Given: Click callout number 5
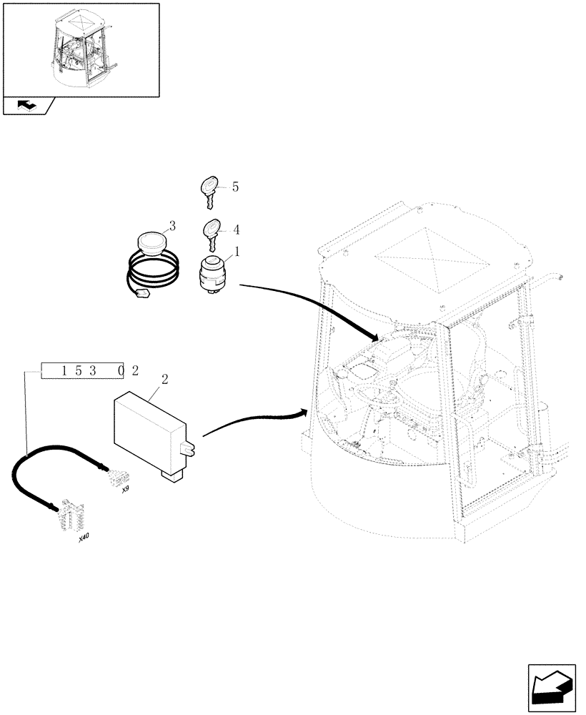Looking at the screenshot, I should click(235, 187).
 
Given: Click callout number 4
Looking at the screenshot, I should click(235, 230).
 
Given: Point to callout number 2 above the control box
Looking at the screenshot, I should click(164, 380).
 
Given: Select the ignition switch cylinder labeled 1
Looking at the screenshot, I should click(212, 273).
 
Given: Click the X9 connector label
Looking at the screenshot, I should click(125, 490).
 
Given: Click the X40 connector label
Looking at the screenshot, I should click(84, 538).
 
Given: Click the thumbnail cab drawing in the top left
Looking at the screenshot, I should click(81, 49).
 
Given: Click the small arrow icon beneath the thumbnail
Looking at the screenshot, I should click(27, 106).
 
